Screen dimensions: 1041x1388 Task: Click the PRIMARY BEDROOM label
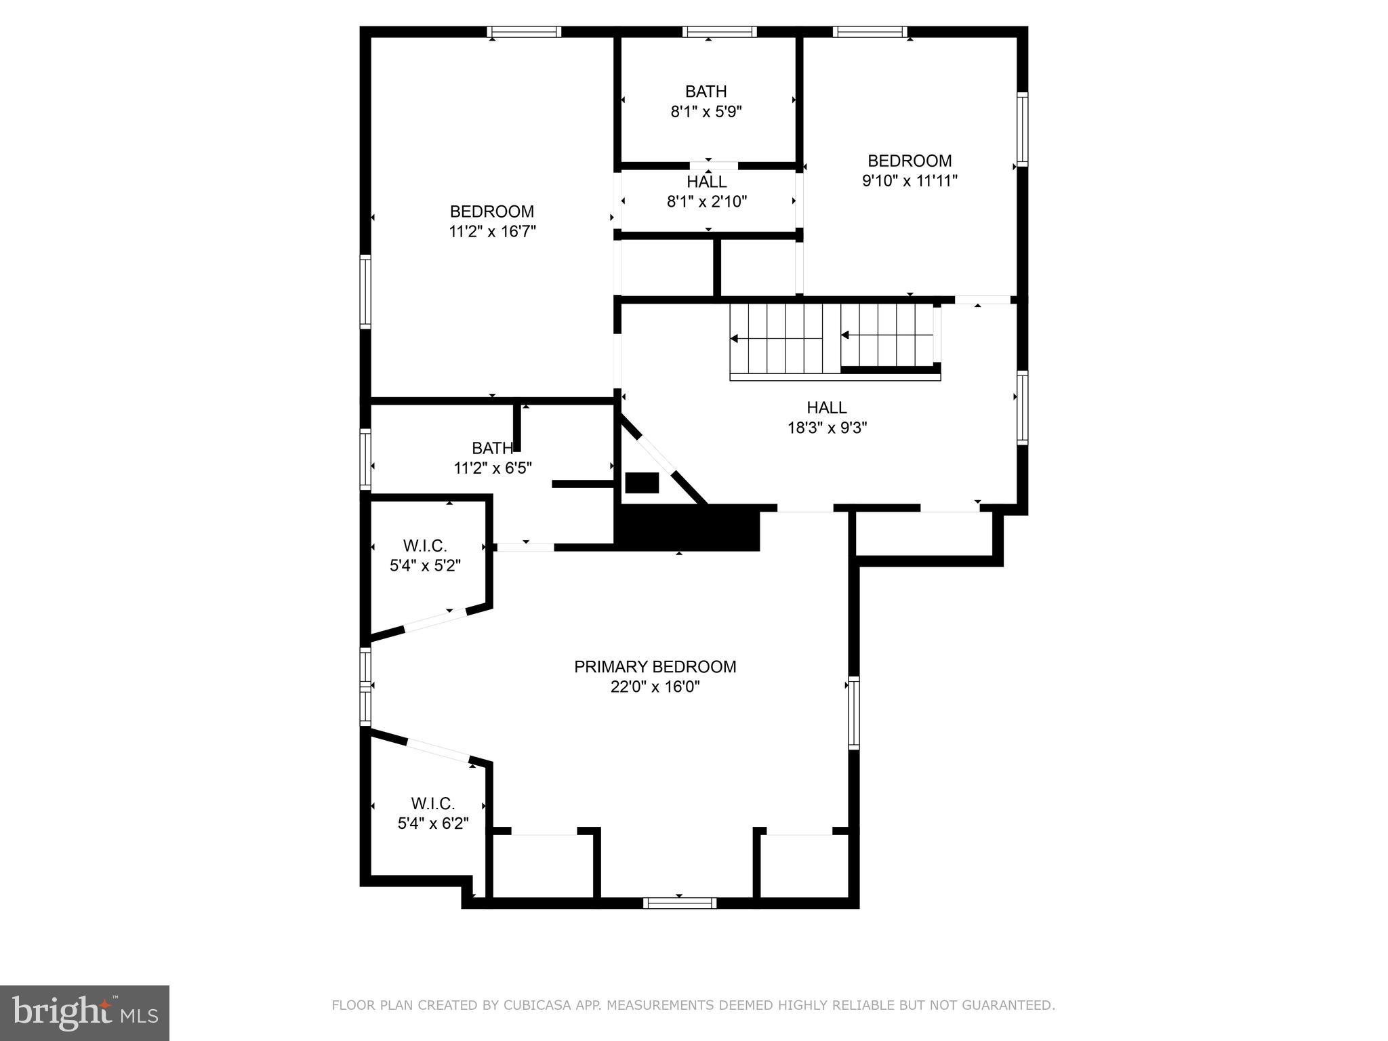(655, 667)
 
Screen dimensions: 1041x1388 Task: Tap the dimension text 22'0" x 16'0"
(655, 687)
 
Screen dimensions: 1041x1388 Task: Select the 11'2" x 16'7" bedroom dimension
(492, 232)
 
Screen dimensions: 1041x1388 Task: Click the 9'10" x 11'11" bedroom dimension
(910, 181)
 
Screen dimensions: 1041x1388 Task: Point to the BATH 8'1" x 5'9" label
(706, 102)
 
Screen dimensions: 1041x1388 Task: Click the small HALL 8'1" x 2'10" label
(707, 192)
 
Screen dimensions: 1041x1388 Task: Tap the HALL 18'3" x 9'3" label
(827, 417)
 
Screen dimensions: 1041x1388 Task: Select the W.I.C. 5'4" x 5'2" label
(425, 556)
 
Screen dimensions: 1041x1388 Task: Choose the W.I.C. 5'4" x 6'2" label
(433, 813)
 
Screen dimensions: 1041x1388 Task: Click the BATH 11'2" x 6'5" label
(493, 458)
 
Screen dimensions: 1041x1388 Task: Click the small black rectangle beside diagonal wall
(642, 483)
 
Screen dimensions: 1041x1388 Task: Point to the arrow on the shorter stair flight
(846, 335)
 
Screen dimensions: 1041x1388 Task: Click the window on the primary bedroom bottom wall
(680, 903)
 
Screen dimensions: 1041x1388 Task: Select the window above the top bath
(719, 32)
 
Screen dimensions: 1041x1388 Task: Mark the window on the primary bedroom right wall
(854, 713)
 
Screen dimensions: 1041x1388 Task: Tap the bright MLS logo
(85, 1013)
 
